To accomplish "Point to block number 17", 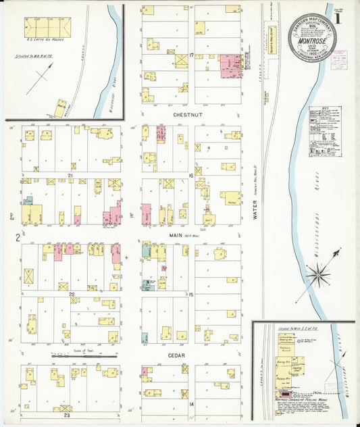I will pyautogui.click(x=192, y=54).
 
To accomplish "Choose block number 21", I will pyautogui.click(x=70, y=175).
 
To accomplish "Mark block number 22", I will pyautogui.click(x=70, y=294).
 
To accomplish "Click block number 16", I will pyautogui.click(x=192, y=175).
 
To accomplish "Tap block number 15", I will pyautogui.click(x=192, y=294).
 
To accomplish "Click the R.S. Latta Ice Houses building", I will pyautogui.click(x=47, y=27).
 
